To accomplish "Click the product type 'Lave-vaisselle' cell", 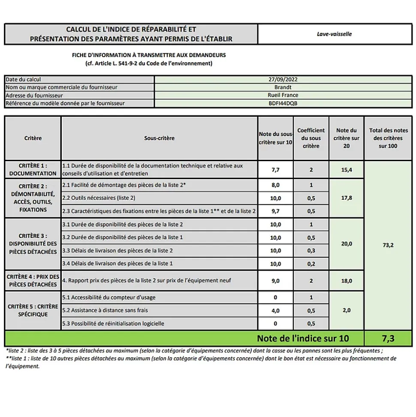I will [x=334, y=34].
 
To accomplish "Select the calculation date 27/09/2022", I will [x=283, y=79].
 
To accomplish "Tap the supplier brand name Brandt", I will [x=283, y=87].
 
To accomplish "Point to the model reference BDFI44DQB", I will [x=283, y=103].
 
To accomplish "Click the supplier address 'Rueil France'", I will [x=283, y=95].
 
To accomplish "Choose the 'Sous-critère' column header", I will [x=160, y=138].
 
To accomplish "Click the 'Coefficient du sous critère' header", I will [x=311, y=138].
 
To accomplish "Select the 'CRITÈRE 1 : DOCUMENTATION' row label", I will [x=33, y=170].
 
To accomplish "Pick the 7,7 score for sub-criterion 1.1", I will [x=275, y=170].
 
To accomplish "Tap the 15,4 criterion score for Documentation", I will [x=347, y=170].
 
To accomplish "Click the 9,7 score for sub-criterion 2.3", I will [x=275, y=211].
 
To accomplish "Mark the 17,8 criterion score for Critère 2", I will [x=347, y=198].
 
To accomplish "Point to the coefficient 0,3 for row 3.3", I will [x=311, y=250].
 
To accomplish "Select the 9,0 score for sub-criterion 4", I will [x=275, y=281].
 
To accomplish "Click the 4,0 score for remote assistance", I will [x=275, y=310].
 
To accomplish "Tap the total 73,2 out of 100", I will [x=388, y=245].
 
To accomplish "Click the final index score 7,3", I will [x=388, y=338].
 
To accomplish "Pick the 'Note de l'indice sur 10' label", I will [x=303, y=338].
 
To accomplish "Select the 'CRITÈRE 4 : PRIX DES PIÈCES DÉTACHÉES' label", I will [x=33, y=281].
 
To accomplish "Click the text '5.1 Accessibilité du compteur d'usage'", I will [x=109, y=298].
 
